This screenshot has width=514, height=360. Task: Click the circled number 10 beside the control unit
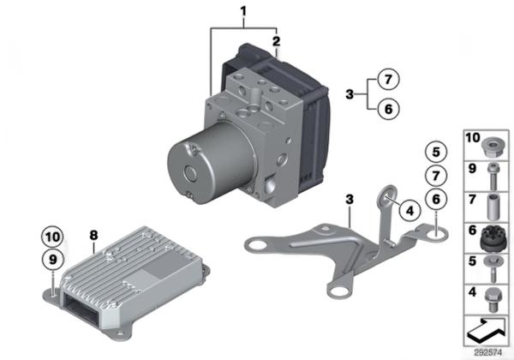tap(53, 237)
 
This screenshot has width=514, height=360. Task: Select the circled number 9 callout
tap(53, 260)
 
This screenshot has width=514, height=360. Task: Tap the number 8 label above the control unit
tap(93, 235)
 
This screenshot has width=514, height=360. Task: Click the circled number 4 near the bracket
tap(410, 211)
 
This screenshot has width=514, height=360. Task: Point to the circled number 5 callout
tap(436, 152)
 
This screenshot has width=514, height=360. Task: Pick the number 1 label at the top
tap(243, 11)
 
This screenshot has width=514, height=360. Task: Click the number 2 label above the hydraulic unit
tap(277, 41)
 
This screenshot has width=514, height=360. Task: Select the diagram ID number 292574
tap(488, 353)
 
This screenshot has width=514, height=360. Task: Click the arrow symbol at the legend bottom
tap(487, 330)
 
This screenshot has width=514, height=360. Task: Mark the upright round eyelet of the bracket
tap(387, 197)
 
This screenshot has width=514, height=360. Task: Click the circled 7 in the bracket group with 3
tap(388, 80)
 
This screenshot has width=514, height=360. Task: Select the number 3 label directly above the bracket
tap(350, 199)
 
